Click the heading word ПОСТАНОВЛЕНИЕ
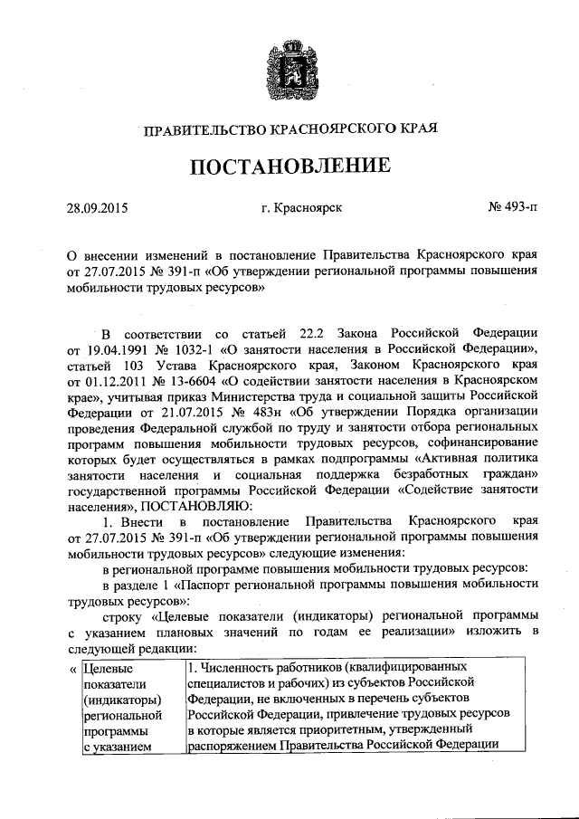289,167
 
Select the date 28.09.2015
97,209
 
